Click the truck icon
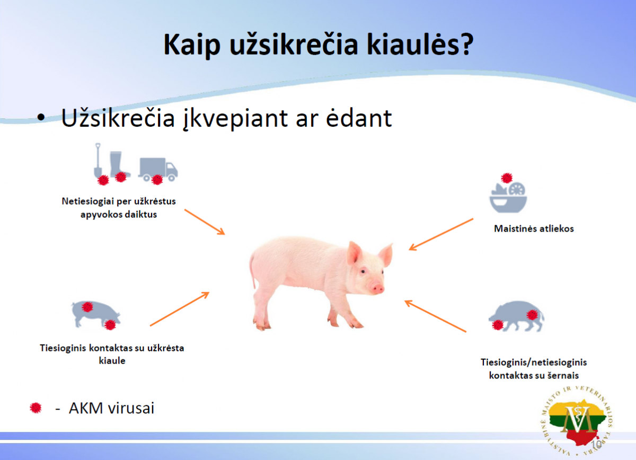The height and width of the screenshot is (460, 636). [157, 169]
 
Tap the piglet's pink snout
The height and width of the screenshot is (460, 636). [377, 287]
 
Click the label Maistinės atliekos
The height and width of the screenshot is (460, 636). [534, 229]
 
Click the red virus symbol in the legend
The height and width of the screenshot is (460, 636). [36, 408]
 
